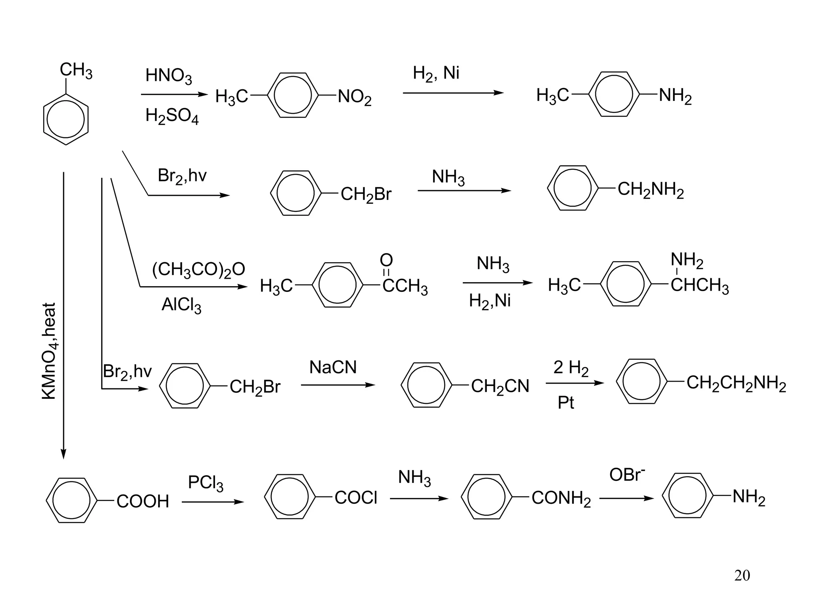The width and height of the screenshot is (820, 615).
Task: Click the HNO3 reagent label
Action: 169,76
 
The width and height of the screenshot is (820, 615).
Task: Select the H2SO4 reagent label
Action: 172,117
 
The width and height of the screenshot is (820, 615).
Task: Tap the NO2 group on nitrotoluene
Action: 354,97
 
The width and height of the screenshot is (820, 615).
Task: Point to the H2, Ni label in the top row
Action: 436,74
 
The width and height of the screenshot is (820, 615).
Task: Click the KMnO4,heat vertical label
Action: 50,351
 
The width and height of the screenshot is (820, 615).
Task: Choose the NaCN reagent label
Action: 333,368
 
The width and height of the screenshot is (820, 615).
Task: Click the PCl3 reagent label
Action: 205,483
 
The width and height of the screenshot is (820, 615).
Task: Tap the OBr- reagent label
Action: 627,475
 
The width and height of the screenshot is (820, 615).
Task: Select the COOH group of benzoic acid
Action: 143,501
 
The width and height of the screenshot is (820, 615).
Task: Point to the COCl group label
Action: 356,498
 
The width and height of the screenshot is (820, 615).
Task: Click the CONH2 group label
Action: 561,498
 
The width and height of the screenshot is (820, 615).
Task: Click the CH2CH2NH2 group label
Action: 736,384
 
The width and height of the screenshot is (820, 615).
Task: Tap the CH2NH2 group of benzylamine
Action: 650,190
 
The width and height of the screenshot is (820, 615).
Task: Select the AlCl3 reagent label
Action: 181,305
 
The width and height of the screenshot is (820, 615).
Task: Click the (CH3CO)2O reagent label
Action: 199,270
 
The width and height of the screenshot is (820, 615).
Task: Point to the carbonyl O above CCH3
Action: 386,260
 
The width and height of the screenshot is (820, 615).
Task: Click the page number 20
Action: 742,575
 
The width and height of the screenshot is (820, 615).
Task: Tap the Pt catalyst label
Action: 565,403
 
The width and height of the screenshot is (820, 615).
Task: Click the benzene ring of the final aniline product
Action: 687,496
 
